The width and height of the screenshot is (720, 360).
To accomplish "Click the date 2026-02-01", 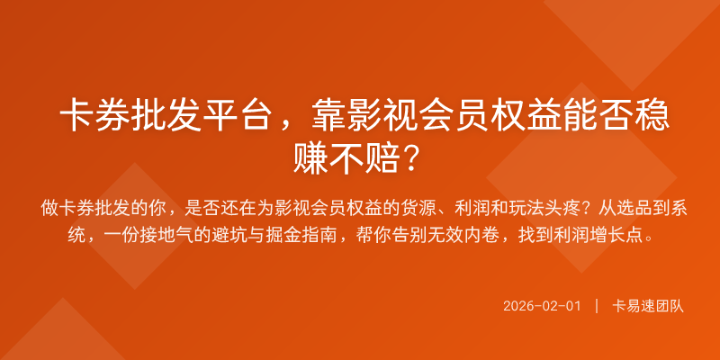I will [542, 306].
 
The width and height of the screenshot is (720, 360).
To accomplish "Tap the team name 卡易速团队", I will [648, 306].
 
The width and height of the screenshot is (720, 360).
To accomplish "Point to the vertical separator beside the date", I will [597, 306].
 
